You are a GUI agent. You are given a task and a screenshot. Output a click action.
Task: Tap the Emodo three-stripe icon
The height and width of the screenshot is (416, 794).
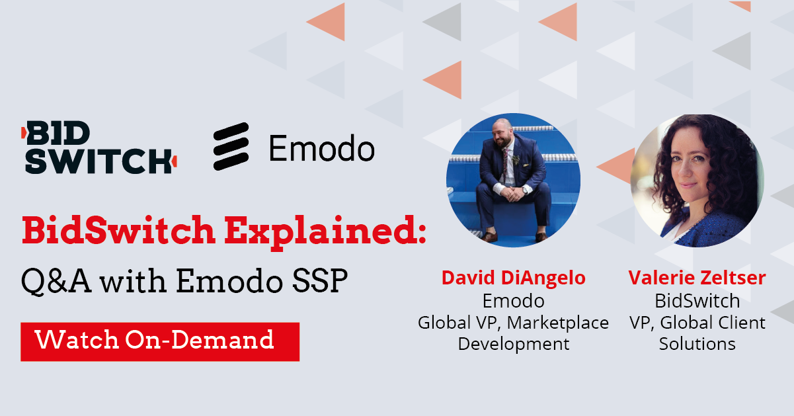(231, 146)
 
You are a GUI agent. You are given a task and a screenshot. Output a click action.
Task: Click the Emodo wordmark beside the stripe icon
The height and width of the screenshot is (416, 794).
(322, 148)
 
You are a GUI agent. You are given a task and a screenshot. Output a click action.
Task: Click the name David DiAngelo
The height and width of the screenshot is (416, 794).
(513, 278)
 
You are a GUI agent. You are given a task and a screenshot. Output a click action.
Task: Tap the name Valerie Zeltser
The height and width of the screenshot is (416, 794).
(697, 278)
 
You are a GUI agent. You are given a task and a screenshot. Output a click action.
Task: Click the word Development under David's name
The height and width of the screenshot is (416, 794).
(513, 344)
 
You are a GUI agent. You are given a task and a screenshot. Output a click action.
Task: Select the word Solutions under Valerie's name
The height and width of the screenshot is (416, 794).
(697, 344)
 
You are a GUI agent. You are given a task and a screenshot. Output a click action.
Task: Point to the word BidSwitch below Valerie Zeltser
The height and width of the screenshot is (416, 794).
(697, 301)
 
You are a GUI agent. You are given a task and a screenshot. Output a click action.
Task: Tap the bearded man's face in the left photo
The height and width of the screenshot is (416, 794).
(502, 138)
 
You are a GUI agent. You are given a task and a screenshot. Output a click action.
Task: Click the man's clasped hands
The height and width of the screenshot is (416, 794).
(510, 194)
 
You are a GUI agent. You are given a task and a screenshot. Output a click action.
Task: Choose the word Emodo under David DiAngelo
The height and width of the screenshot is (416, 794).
(513, 301)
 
